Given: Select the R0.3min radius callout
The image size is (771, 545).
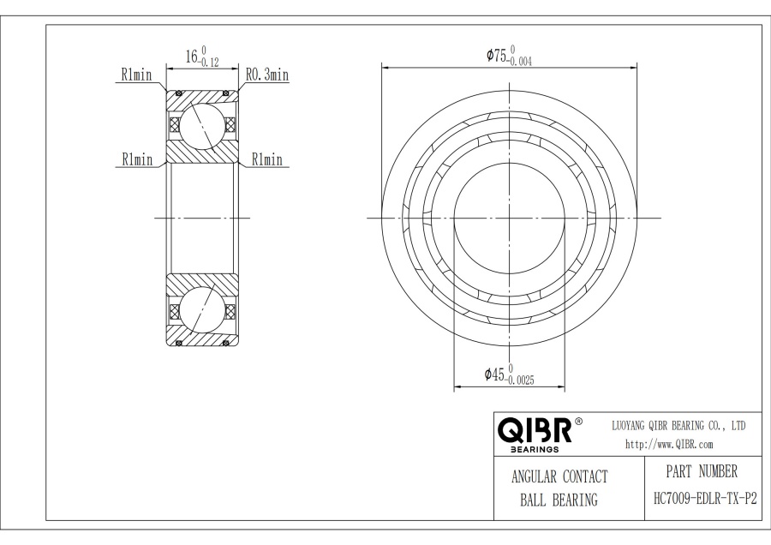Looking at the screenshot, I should pyautogui.click(x=266, y=75).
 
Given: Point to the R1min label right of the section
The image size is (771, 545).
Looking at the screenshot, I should pyautogui.click(x=266, y=159).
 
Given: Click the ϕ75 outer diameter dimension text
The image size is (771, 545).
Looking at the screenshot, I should pyautogui.click(x=496, y=56).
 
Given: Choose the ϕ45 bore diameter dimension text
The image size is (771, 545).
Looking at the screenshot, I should pyautogui.click(x=493, y=374).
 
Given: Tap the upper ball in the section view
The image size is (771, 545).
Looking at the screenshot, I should pyautogui.click(x=203, y=123).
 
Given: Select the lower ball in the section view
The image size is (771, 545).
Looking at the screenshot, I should pyautogui.click(x=203, y=311).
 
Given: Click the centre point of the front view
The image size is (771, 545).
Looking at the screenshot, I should pyautogui.click(x=509, y=218).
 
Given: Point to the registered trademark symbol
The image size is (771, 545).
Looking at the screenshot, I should pyautogui.click(x=578, y=422).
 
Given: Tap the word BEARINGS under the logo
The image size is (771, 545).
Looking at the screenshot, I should pyautogui.click(x=535, y=448).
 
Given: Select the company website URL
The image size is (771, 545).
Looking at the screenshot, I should pyautogui.click(x=669, y=444).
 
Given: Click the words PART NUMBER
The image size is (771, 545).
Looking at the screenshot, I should pyautogui.click(x=701, y=471).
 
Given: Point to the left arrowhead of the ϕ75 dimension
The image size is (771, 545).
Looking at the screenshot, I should pyautogui.click(x=385, y=66).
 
